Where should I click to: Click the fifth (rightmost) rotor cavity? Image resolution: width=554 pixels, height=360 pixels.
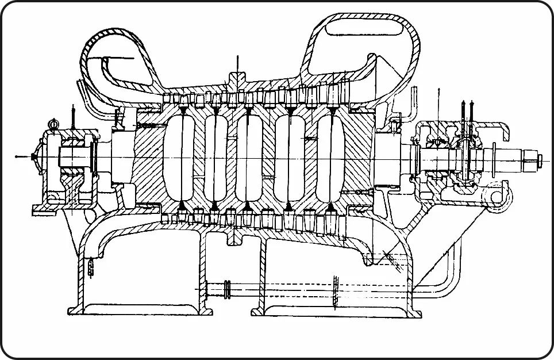pos(328,157)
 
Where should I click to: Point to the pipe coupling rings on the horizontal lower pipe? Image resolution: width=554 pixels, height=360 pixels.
pos(228,289)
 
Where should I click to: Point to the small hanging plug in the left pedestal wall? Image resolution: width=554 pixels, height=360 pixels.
pos(91,267)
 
